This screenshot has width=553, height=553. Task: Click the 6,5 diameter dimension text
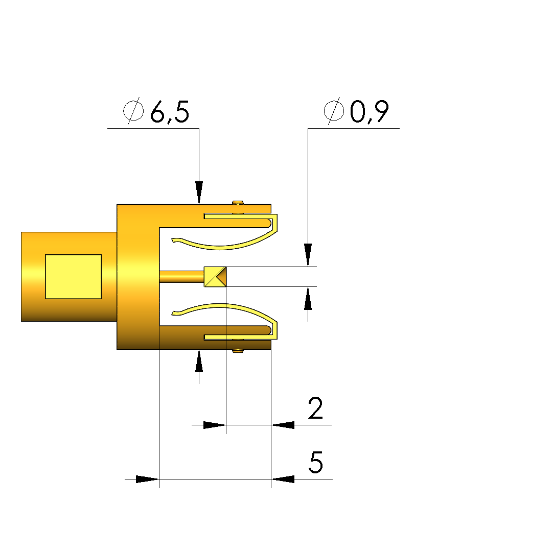(x=170, y=112)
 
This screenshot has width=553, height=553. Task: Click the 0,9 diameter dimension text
(x=370, y=112)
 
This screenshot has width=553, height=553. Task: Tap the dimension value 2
(x=315, y=408)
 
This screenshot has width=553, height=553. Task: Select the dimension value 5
(x=316, y=462)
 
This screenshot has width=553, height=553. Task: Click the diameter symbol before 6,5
(x=133, y=111)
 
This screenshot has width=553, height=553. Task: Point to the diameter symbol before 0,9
(x=334, y=111)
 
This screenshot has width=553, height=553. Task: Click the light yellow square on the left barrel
(x=74, y=277)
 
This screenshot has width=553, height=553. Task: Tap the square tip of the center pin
(x=215, y=277)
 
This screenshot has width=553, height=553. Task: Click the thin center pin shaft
(x=182, y=277)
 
